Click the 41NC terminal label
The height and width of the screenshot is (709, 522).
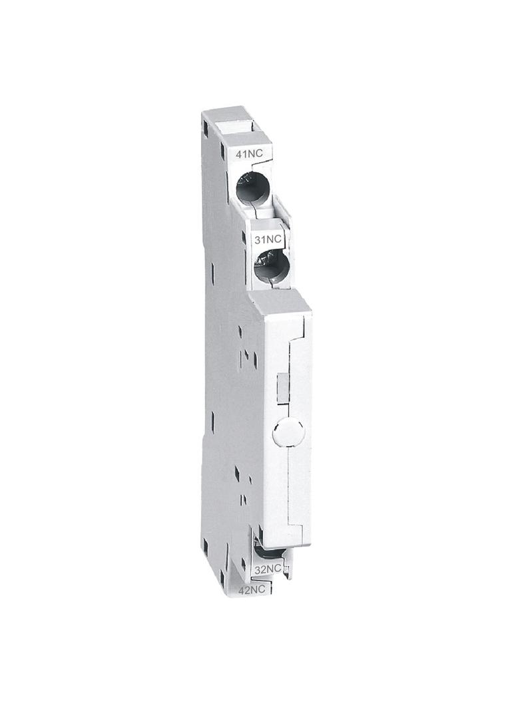[249, 154]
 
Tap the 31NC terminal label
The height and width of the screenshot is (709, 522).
[268, 239]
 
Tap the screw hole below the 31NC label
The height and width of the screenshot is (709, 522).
[270, 267]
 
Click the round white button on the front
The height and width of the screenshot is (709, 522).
[288, 432]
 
